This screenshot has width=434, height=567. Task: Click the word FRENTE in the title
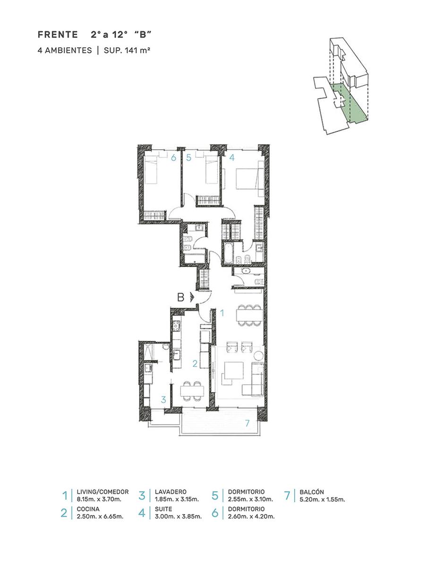(x=58, y=34)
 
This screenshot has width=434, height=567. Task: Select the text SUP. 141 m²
(x=127, y=50)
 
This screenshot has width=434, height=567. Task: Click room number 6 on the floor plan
(x=173, y=158)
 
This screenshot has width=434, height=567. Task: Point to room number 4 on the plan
(x=231, y=158)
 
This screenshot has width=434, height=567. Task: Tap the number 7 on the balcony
(x=247, y=423)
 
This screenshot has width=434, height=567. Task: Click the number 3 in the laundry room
(x=163, y=399)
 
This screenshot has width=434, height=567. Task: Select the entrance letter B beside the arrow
(x=180, y=297)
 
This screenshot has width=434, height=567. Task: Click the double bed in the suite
(x=249, y=179)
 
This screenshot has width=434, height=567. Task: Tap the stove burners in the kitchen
(x=176, y=326)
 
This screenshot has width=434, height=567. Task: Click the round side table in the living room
(x=258, y=355)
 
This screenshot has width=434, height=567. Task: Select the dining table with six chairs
(x=249, y=315)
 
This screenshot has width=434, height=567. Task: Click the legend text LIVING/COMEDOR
(x=102, y=492)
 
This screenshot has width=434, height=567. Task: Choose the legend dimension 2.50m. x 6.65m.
(x=100, y=516)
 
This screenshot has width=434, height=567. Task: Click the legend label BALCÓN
(x=312, y=492)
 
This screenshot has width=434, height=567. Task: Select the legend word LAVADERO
(x=170, y=492)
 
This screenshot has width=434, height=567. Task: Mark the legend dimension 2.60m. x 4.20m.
(x=251, y=516)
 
